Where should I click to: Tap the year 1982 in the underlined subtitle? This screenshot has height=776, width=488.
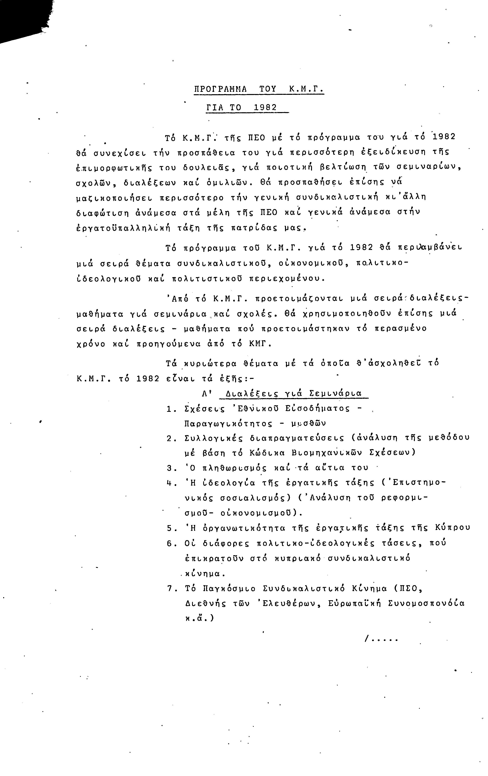[265, 108]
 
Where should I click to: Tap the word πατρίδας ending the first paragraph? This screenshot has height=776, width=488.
[255, 229]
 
